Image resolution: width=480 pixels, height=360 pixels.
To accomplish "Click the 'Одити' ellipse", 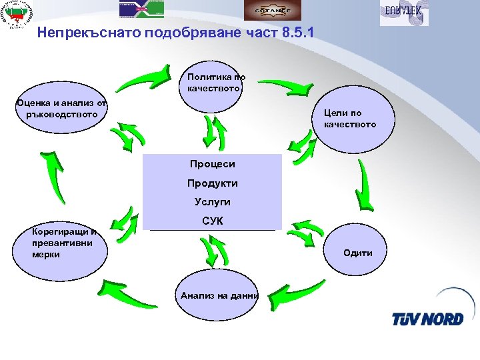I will pos(359,252).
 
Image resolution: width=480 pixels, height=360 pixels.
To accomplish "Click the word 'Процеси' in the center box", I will pos(212,164).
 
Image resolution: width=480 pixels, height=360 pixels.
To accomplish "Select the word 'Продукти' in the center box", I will pos(212,183).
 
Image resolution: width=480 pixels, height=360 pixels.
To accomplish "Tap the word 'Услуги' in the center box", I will pos(212,201).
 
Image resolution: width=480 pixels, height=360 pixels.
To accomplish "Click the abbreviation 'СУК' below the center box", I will pos(212,221).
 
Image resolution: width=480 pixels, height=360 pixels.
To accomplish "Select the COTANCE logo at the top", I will pos(272,10).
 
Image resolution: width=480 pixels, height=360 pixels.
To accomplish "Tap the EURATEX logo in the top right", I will pos(404,13).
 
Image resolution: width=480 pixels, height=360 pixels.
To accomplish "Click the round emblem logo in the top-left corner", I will pos(18,15).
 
